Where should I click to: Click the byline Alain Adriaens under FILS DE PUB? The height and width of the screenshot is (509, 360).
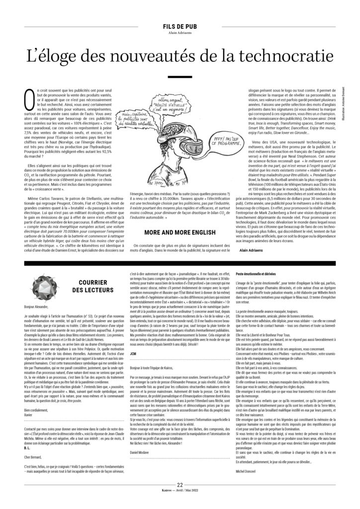coord(180,34)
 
